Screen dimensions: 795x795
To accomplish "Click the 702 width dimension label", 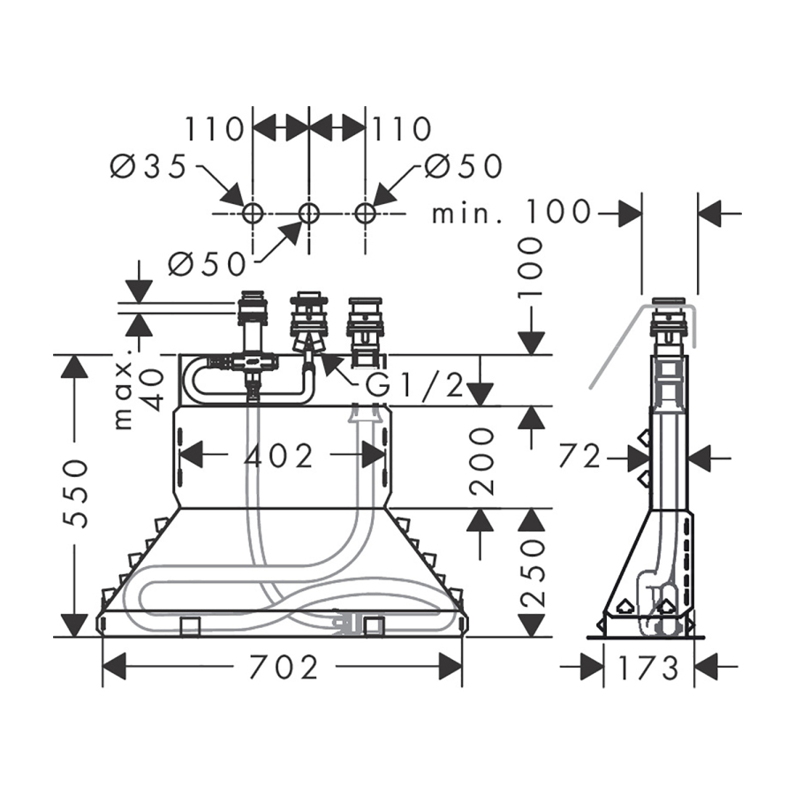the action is pyautogui.click(x=284, y=667).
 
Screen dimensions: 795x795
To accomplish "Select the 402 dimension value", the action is pyautogui.click(x=278, y=457).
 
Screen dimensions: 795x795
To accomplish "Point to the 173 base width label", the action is pyautogui.click(x=648, y=667).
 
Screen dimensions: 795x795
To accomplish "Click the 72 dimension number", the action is pyautogui.click(x=579, y=458).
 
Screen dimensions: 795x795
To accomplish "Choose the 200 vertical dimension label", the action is pyautogui.click(x=481, y=461).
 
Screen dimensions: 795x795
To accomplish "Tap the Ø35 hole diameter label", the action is pyautogui.click(x=148, y=167).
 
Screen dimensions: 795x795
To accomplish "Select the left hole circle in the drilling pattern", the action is pyautogui.click(x=253, y=214).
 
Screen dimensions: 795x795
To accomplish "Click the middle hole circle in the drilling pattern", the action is pyautogui.click(x=308, y=214).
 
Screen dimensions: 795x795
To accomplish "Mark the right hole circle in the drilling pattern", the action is pyautogui.click(x=365, y=214).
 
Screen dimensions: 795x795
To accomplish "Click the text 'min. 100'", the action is pyautogui.click(x=511, y=211).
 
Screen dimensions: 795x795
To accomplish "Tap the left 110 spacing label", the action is pyautogui.click(x=215, y=129).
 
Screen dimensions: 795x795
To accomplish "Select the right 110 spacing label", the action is pyautogui.click(x=402, y=129).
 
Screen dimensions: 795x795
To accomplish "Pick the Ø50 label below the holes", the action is pyautogui.click(x=208, y=263).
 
